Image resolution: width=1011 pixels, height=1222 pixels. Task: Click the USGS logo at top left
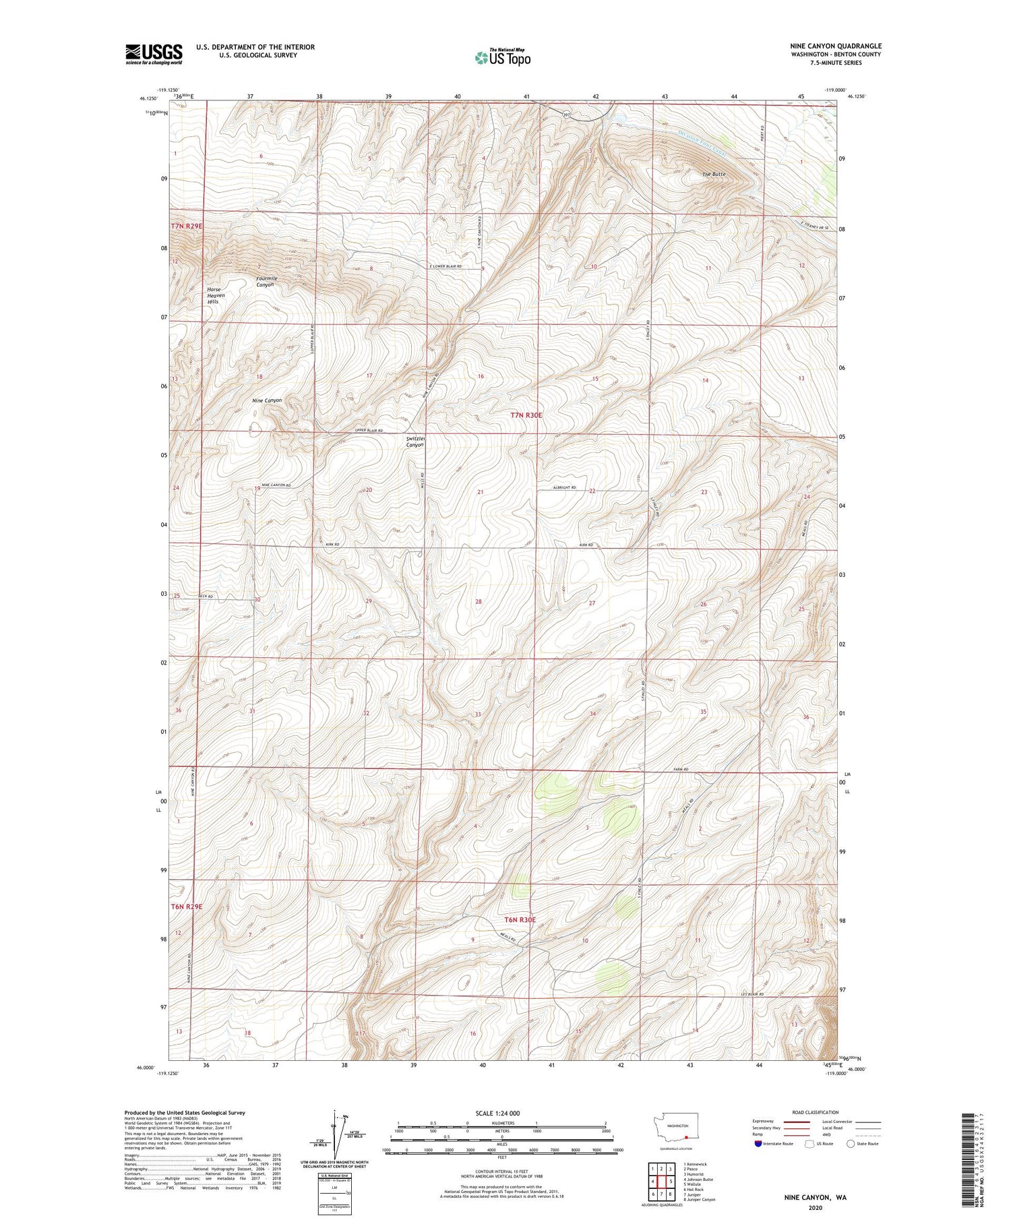point(154,54)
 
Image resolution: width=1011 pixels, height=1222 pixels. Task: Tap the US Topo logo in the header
point(502,58)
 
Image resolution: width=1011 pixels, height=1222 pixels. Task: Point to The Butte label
point(714,175)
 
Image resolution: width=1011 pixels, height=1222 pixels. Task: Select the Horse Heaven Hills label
point(216,295)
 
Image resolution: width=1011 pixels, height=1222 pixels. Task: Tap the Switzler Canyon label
point(415,441)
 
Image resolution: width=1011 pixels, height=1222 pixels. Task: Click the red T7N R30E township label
point(526,415)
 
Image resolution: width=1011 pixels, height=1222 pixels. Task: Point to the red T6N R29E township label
point(186,907)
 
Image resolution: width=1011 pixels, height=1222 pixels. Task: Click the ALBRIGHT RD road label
point(564,487)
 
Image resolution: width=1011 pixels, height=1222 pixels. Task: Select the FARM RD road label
point(681,769)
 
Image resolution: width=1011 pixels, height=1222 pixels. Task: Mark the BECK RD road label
point(206,597)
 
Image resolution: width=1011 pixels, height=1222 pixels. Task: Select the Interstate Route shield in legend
point(758,1144)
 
